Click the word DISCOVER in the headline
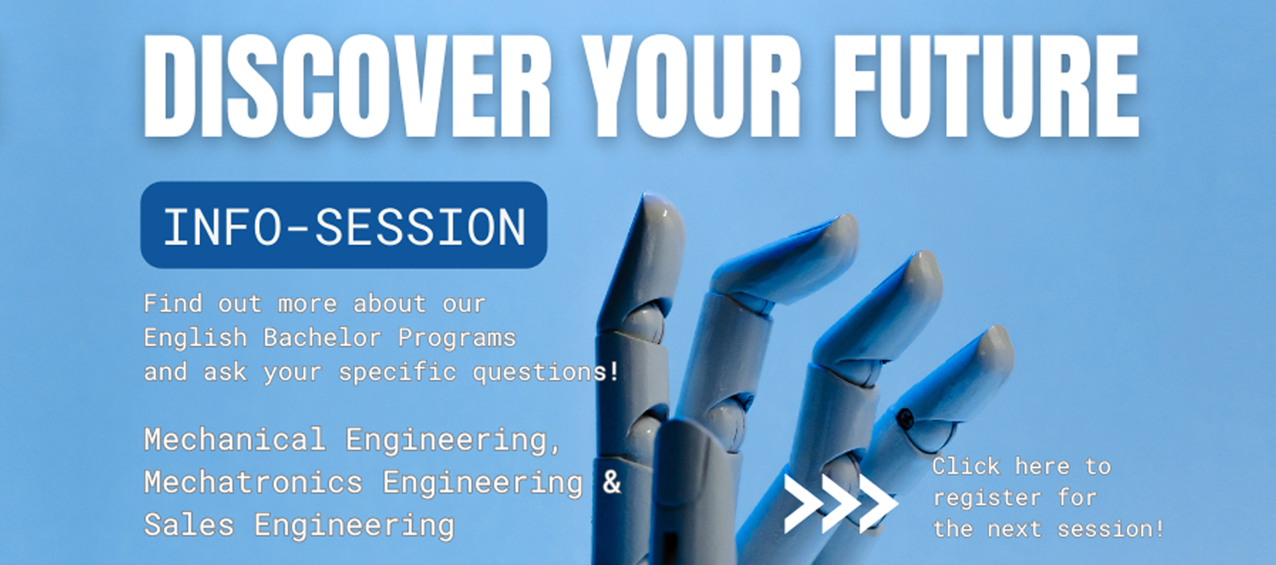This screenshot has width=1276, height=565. coord(346,86)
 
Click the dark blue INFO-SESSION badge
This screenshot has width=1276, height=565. coord(344,225)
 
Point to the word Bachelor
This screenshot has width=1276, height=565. coord(322,338)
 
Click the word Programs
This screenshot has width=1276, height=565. coord(457,338)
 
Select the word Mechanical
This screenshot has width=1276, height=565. coord(235,440)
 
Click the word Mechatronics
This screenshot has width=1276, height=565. coord(253,483)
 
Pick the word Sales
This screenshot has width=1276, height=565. coord(189,525)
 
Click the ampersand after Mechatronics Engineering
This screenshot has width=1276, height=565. coord(611,482)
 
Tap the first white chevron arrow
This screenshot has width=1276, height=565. coord(802,503)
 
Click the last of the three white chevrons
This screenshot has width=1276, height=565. coord(878,503)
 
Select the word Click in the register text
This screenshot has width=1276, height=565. coord(965,467)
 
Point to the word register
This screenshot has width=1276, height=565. coord(986,498)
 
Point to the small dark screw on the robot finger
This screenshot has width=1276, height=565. coord(904,419)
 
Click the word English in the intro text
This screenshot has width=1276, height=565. coord(195,338)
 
